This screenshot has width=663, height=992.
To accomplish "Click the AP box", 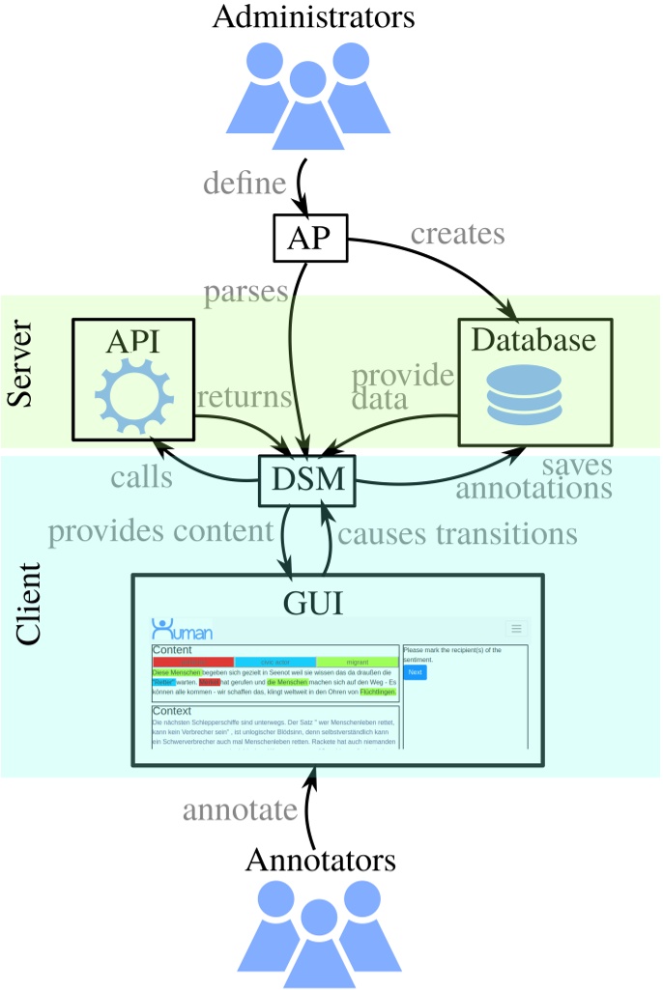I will (310, 236).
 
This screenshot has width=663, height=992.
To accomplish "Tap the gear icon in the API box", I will (134, 396).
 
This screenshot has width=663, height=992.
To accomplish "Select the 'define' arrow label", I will (244, 182).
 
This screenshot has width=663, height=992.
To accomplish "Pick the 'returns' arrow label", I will (244, 397).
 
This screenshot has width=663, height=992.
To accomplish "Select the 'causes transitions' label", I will (459, 532).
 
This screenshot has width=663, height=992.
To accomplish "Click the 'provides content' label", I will (161, 531).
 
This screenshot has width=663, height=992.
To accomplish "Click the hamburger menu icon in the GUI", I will (516, 629).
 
